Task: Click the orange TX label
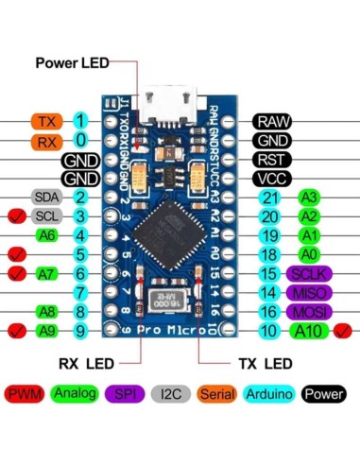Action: coord(46,121)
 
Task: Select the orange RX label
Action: coord(46,141)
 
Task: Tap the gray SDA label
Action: coord(46,198)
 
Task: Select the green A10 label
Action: coord(309,331)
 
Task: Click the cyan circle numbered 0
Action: coord(81,141)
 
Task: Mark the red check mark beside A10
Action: coord(342,331)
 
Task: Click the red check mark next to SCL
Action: coord(14,216)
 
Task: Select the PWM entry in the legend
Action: coord(24,392)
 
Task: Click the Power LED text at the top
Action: coord(72,63)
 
